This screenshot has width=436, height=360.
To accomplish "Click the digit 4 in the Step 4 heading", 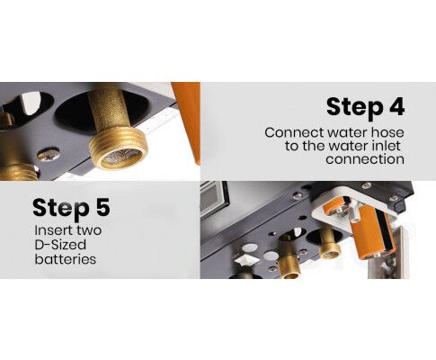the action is (396, 107).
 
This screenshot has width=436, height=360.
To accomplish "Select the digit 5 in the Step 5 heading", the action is (103, 208).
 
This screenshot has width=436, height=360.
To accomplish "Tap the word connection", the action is (365, 159).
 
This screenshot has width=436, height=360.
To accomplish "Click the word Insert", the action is (51, 230).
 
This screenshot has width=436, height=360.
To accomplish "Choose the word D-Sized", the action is (60, 245).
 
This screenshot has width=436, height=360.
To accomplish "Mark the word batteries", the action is (66, 259).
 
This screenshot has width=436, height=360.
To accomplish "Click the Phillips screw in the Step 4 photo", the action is (48, 154).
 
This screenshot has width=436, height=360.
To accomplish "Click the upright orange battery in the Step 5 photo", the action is (369, 230).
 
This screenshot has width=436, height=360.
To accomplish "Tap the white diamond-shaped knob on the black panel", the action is (245, 259).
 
